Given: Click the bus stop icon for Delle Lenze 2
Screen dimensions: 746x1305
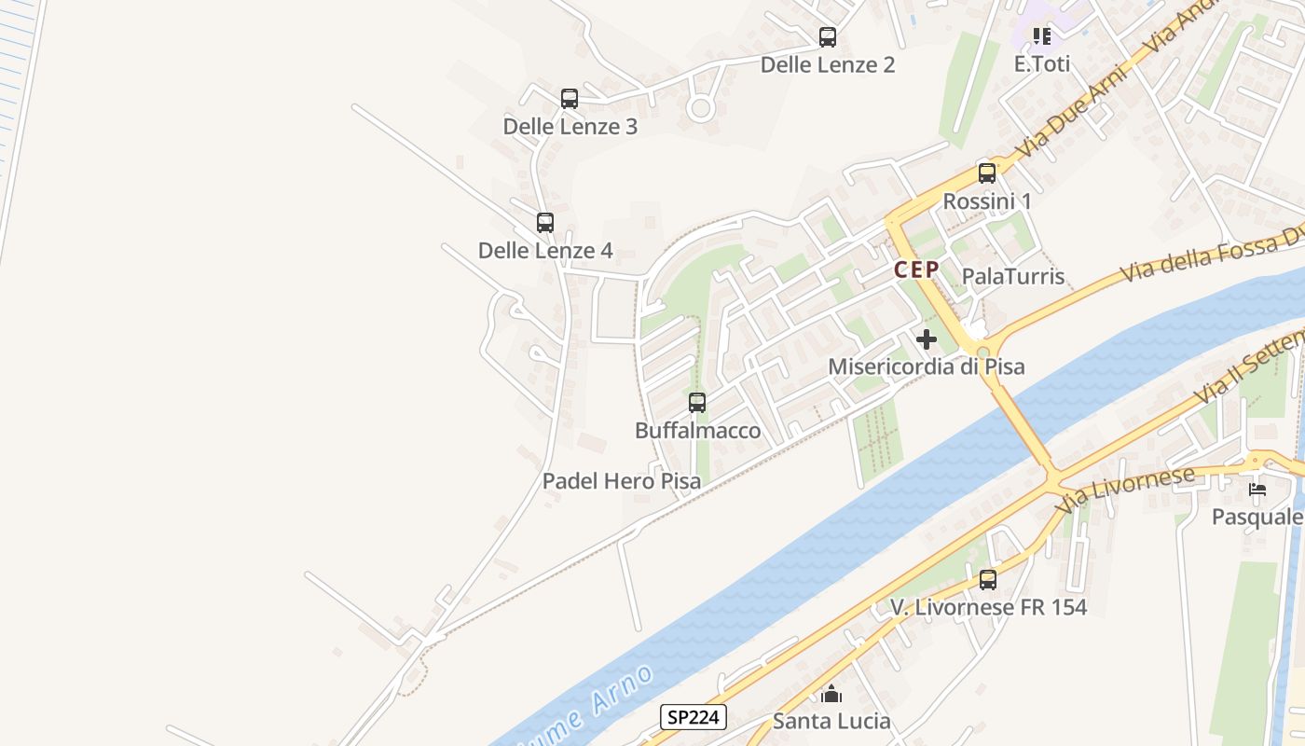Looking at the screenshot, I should (827, 37).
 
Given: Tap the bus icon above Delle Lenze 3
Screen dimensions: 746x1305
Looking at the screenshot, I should (570, 99).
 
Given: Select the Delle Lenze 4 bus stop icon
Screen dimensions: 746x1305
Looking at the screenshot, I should (545, 223).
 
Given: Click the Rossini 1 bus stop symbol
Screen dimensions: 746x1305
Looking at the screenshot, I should (987, 173).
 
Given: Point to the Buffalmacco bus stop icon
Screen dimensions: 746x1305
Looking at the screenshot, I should (697, 403).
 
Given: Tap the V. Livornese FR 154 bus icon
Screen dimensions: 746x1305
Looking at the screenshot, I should (988, 580).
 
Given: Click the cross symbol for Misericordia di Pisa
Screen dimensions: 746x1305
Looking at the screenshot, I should (927, 339).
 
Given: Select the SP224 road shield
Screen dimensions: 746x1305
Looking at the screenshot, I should (694, 717).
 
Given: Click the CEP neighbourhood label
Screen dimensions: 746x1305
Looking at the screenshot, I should (915, 270).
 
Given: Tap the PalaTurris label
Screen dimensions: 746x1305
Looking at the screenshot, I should (1012, 276).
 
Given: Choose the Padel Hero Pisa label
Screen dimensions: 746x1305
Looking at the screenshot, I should (622, 482).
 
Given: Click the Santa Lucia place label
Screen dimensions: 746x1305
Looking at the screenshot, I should (831, 721).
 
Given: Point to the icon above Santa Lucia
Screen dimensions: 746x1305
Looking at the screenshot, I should (831, 694).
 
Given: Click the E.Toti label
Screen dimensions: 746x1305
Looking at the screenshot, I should (1042, 64).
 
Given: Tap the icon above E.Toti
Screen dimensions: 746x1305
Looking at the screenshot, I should (1042, 36).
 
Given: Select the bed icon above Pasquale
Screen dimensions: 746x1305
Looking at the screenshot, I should (1257, 489).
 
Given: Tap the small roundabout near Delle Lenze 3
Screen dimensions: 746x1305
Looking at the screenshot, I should (700, 109).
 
